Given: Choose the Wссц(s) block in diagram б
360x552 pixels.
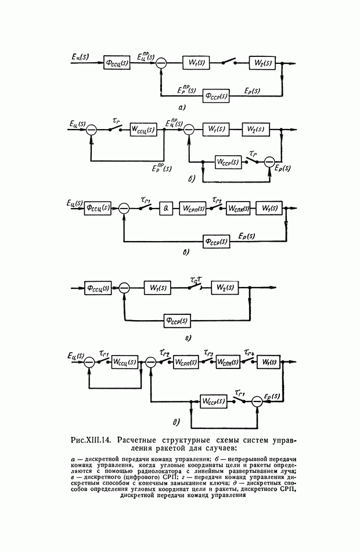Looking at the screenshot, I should [142, 129].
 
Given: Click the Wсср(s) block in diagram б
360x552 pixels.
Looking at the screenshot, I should [227, 162].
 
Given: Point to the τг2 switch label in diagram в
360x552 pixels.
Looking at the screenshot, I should [217, 199].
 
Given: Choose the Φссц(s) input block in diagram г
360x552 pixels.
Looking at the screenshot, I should [98, 287].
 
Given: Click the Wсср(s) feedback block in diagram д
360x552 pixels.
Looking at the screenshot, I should [213, 401].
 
